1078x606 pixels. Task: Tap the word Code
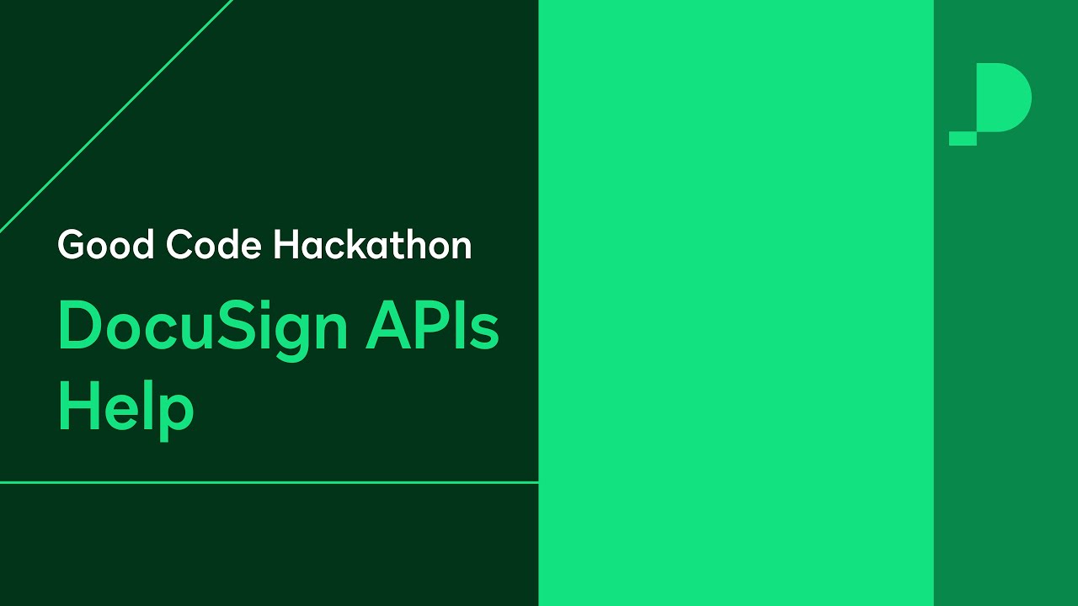coord(214,245)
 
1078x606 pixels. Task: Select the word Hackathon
coord(372,245)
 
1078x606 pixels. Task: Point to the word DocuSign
coord(202,328)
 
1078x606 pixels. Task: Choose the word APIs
coord(433,327)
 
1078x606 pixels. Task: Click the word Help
coord(125,408)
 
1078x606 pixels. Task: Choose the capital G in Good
coord(72,245)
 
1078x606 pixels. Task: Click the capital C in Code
coord(179,245)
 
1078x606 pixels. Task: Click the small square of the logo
coord(963,139)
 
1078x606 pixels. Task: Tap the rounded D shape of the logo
coord(1004,98)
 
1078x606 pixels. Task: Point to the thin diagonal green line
coord(116,115)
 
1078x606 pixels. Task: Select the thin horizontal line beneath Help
coord(269,482)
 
